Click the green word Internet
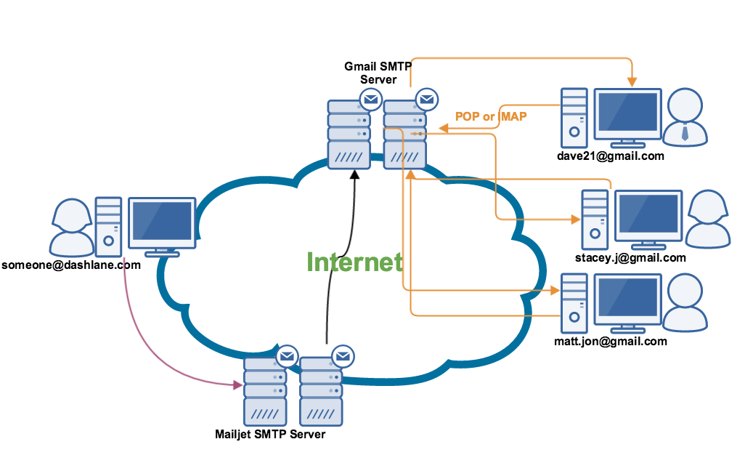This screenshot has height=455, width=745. point(354,262)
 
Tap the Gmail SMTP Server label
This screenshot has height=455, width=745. point(378,73)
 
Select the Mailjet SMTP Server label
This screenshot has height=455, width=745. point(270,435)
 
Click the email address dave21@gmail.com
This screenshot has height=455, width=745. point(611,156)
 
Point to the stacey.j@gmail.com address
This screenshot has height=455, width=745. point(630,257)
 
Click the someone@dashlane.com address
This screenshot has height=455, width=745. point(70,265)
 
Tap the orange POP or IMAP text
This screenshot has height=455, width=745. point(491,116)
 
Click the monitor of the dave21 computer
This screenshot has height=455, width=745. point(627,114)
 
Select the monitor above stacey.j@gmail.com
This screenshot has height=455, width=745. point(648,216)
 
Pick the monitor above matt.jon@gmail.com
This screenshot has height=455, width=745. point(628,299)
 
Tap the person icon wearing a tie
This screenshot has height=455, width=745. point(685,116)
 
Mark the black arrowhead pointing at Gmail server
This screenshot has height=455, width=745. point(354,175)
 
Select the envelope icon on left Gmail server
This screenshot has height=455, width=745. point(370,99)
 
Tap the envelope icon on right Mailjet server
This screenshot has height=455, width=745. point(343,356)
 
